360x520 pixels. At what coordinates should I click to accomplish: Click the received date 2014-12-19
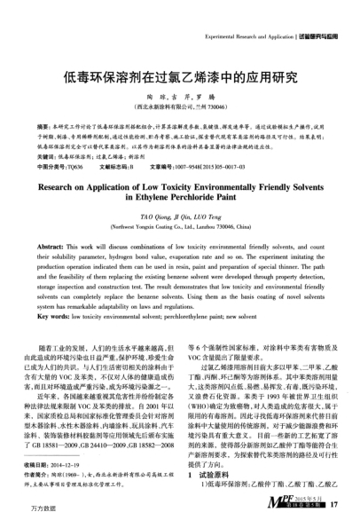86,463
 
